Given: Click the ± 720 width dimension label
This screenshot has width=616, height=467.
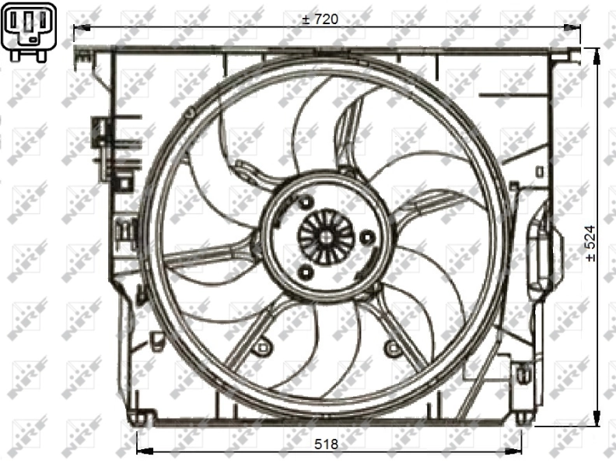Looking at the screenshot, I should (x=320, y=19).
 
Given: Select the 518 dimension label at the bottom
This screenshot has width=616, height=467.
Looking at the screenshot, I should (x=326, y=444).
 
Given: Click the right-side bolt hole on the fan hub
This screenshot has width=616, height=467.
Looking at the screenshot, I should (x=367, y=237).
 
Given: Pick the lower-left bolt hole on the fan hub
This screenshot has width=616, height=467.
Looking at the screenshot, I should (x=305, y=272).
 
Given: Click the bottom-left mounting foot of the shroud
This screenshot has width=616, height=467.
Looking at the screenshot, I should (x=138, y=417).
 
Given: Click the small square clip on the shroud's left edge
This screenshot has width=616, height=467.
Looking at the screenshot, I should (x=123, y=184).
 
